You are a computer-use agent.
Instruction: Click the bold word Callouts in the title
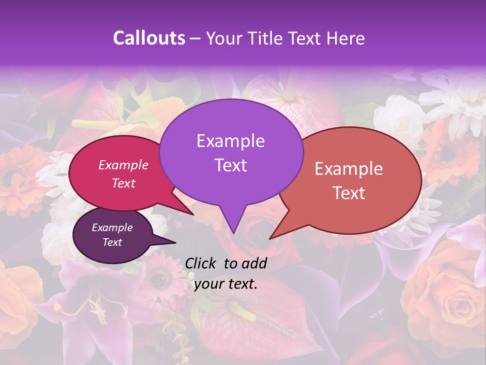coord(149,38)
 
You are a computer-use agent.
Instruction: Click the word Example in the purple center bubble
coord(230,141)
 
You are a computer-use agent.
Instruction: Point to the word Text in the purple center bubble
coord(230,165)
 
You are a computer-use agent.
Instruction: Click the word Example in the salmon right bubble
coord(349,169)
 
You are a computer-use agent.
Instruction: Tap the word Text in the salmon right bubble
coord(349,193)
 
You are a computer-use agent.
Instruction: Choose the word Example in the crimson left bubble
coord(124,165)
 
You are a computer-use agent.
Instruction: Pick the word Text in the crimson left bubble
coord(124,183)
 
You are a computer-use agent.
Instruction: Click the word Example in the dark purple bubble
coord(112,228)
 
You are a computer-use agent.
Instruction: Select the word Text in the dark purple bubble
coord(112,242)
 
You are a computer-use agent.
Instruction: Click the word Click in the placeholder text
coord(201,263)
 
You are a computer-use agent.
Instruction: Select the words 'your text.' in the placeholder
coord(226,284)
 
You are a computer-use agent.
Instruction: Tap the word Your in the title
coord(222,38)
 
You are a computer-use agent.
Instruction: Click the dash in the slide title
coord(196,38)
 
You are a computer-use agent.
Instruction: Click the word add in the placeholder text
coord(254,263)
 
